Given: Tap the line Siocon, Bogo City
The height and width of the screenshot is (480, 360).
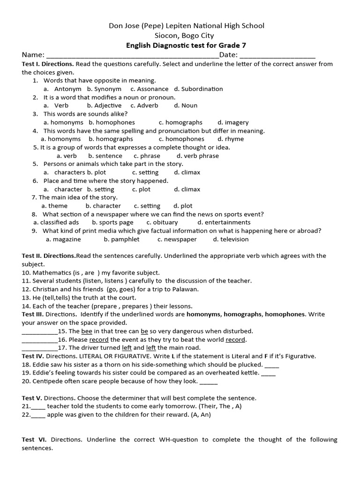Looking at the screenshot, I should pos(184,36).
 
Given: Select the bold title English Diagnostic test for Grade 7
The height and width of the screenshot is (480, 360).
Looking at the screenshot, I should pos(186,45).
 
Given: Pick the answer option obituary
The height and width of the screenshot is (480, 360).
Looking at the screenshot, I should pos(162,222).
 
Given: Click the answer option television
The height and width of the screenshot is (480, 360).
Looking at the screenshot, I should pos(231,239).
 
